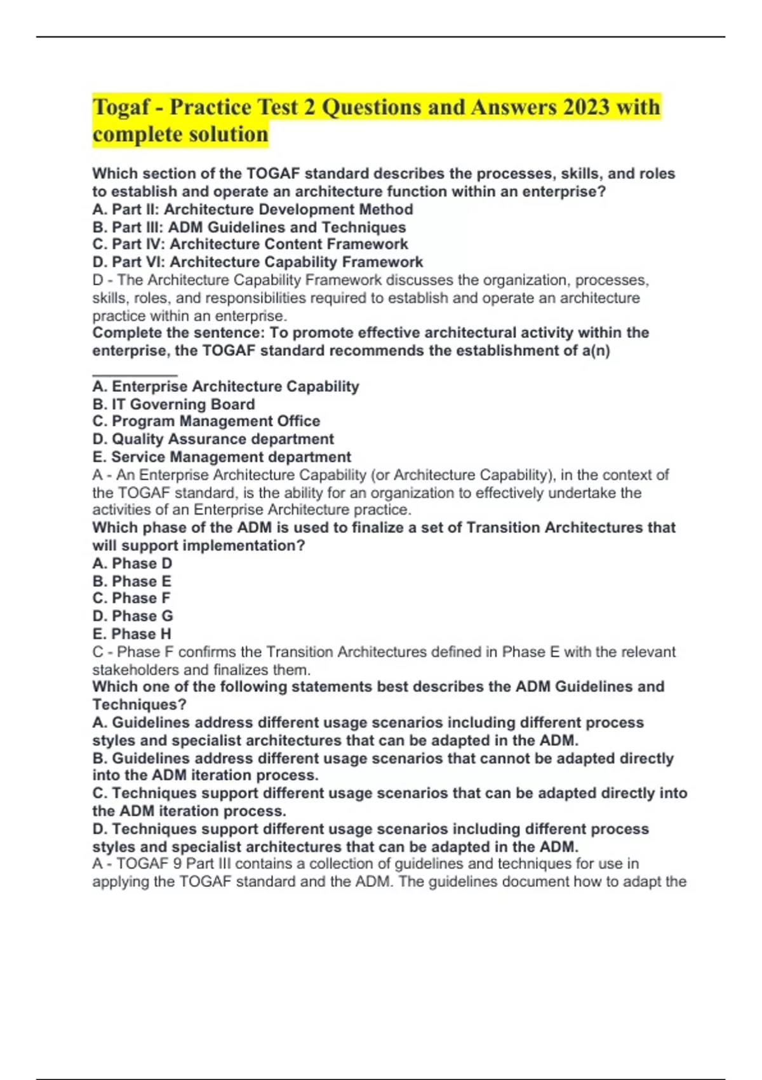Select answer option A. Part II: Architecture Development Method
click(x=252, y=210)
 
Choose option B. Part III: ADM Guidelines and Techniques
click(x=249, y=227)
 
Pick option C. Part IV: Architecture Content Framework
click(x=250, y=245)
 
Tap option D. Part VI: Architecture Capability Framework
click(x=257, y=262)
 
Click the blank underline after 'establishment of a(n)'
click(x=135, y=374)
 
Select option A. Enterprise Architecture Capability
click(x=225, y=386)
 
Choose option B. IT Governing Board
click(x=173, y=404)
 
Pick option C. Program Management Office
click(x=206, y=421)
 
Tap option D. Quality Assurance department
click(x=213, y=439)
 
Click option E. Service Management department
click(x=221, y=457)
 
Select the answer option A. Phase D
click(x=132, y=564)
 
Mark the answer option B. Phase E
click(x=131, y=581)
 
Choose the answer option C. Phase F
click(x=131, y=598)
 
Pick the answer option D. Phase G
click(x=132, y=616)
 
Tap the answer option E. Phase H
click(x=131, y=634)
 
